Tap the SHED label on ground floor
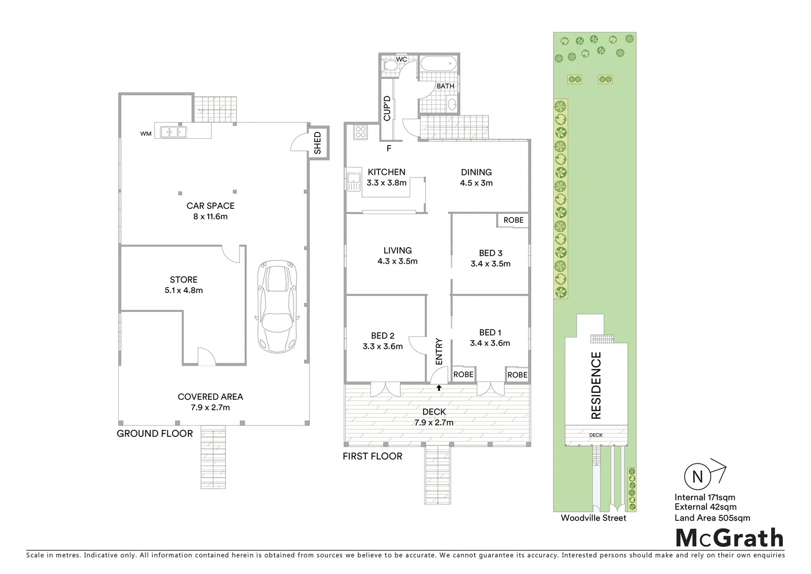pos(317,143)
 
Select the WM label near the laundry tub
pos(146,134)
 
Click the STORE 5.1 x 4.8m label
pos(184,285)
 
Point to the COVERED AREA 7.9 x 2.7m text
pos(210,402)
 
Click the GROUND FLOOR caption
pos(154,434)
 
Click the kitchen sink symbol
pos(353,182)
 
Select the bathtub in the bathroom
pos(438,65)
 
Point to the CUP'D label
pos(387,108)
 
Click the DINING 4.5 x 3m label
pos(476,177)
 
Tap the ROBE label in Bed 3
pos(513,220)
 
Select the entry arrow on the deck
pos(439,388)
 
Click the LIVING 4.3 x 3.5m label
pos(398,256)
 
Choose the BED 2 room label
pos(383,341)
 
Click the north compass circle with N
pos(697,477)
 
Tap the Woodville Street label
pos(593,518)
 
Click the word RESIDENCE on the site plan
pos(596,385)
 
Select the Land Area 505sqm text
pos(712,518)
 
